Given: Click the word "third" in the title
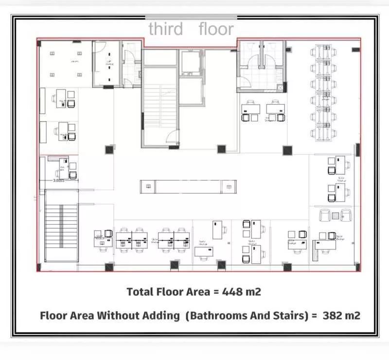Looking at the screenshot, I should [165, 29].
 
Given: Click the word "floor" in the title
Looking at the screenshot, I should [216, 29].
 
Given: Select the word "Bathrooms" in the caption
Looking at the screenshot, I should [215, 315].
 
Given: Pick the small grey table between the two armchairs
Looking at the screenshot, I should [335, 215].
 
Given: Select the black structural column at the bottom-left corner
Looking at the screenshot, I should [38, 267].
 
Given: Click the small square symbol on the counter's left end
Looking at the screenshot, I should [148, 187].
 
